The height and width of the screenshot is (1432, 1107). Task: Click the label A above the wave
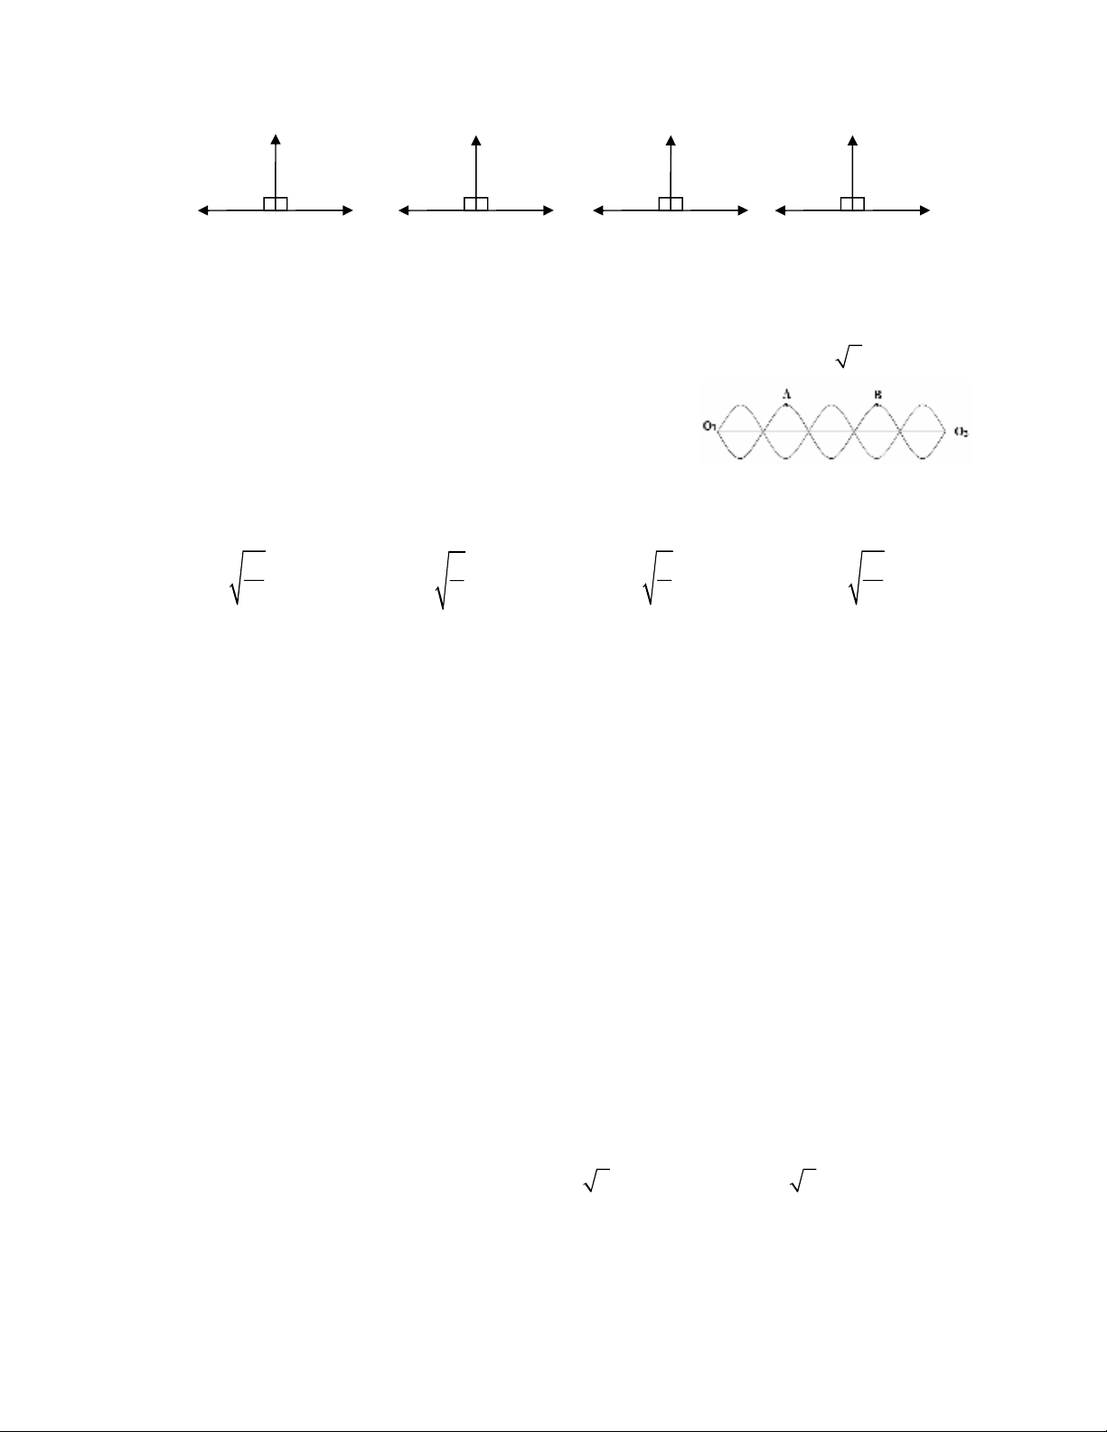pos(786,394)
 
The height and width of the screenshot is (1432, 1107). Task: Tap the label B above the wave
pos(877,394)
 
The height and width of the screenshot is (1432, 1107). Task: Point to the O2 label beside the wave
pos(961,432)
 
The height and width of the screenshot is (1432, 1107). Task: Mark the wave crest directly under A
pos(786,404)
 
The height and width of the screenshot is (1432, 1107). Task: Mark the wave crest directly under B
pos(877,404)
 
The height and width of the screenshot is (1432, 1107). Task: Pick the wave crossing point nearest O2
pos(900,432)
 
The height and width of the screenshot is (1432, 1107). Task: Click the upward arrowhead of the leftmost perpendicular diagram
pos(276,138)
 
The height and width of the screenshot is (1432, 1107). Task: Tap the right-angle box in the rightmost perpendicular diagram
pos(852,203)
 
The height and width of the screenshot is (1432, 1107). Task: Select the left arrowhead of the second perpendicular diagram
pos(403,211)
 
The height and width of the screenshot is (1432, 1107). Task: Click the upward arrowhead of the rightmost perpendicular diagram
pos(852,138)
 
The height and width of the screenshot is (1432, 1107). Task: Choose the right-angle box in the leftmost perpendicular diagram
pos(276,203)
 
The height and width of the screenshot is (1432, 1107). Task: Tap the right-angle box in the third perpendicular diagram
pos(671,203)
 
